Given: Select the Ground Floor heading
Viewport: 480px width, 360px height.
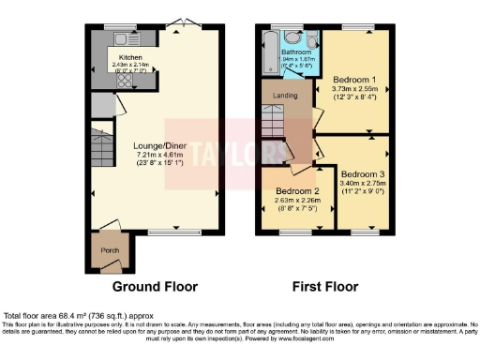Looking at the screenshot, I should tap(151, 286).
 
